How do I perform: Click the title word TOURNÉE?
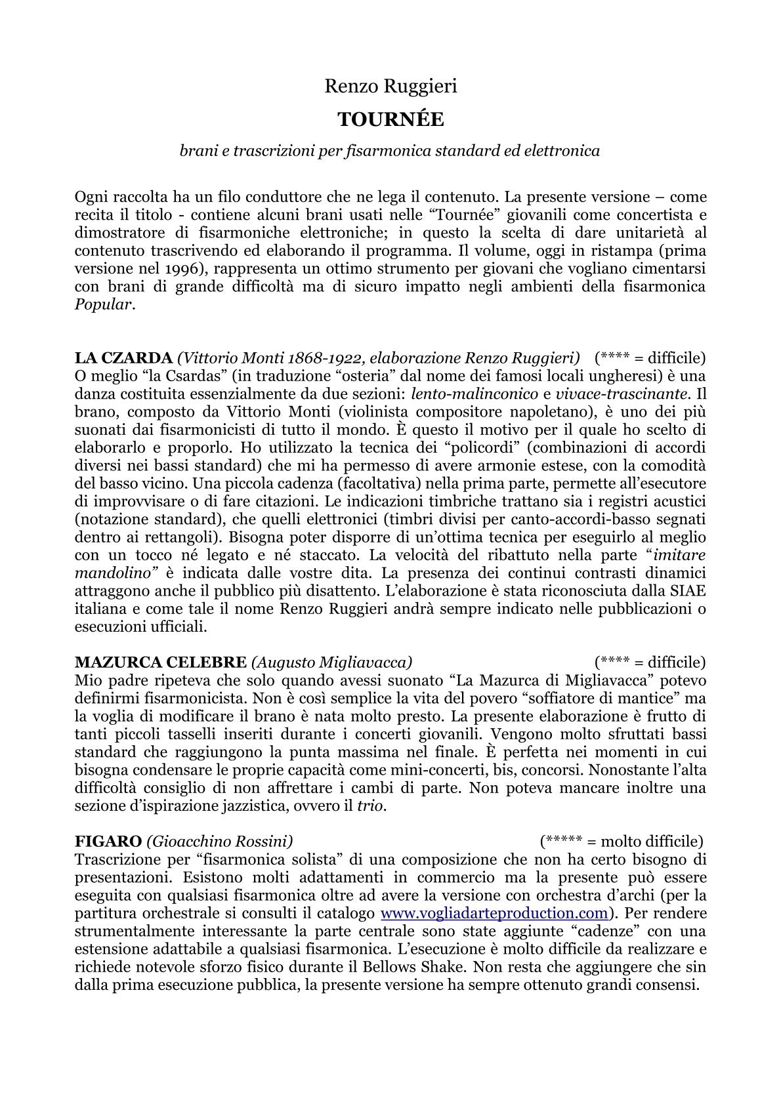pos(390,119)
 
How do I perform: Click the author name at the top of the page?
pos(390,87)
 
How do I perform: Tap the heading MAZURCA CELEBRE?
pos(161,662)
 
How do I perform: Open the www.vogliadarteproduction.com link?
pos(494,913)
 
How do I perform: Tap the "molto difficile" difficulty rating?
pos(621,841)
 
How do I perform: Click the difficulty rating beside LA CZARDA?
pos(650,358)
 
